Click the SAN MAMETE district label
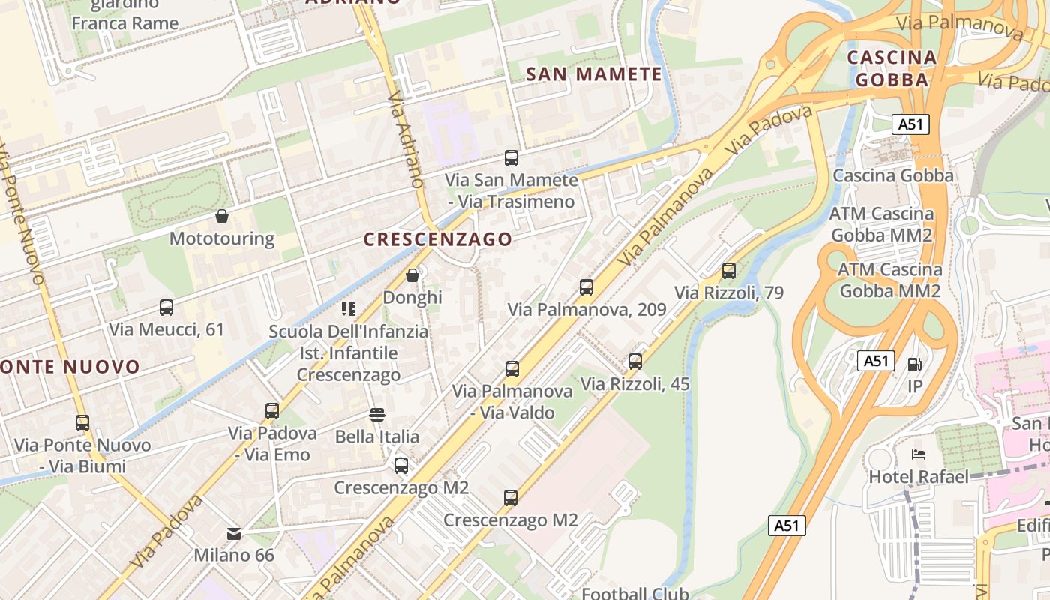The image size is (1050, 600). coord(594,74)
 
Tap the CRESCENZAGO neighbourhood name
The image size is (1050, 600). coord(438,239)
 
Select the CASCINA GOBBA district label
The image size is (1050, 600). coord(892,68)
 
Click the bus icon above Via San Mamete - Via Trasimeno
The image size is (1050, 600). coord(511,158)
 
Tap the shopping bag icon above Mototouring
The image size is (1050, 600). coord(222,217)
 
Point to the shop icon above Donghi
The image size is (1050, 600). coord(412,275)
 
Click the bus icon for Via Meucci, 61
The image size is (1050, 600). coord(166,307)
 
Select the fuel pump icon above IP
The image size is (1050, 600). coord(914,364)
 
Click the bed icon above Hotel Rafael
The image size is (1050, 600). coord(919,454)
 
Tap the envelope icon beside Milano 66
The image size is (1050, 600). coord(234,534)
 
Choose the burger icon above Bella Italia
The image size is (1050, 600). coord(377,415)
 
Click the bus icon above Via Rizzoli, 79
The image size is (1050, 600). coord(729,271)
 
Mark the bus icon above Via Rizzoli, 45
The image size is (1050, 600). coord(635,361)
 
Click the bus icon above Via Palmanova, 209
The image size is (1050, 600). coord(586,287)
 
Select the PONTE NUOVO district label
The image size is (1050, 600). coord(70,367)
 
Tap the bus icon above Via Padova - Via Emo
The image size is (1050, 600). coord(272,411)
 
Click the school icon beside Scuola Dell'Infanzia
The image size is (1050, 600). coord(348,309)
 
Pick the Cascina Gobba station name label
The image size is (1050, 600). coord(893,175)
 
